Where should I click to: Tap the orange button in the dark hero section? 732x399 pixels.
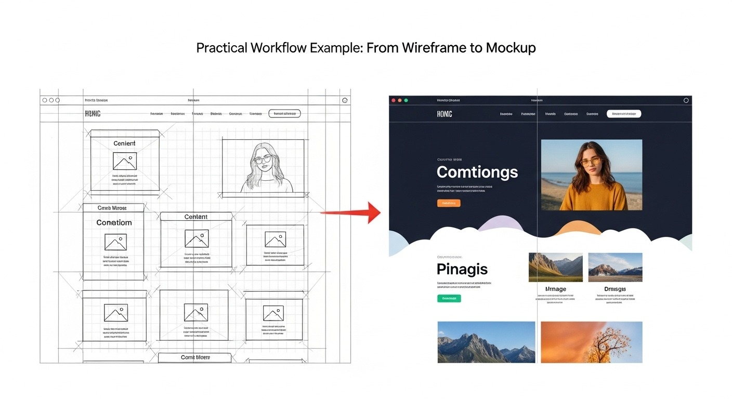(x=449, y=203)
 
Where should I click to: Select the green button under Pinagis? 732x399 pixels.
(x=449, y=298)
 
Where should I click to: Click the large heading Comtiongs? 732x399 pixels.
(x=477, y=172)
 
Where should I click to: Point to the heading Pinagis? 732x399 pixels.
(x=462, y=269)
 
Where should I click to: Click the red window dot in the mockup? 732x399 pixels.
(x=394, y=100)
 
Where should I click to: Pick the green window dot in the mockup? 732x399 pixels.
(x=406, y=100)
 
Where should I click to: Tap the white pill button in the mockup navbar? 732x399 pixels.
(x=624, y=114)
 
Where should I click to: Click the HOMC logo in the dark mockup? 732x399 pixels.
(x=445, y=114)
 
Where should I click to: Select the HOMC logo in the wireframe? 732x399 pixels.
(x=93, y=114)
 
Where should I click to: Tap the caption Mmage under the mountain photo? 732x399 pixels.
(x=555, y=289)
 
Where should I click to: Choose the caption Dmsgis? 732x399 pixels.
(x=615, y=289)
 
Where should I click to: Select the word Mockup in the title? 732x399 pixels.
(x=511, y=48)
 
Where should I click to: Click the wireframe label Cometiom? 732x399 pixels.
(x=114, y=222)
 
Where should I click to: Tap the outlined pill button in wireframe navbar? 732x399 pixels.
(x=284, y=114)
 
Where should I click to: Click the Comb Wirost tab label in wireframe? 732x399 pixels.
(x=112, y=208)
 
